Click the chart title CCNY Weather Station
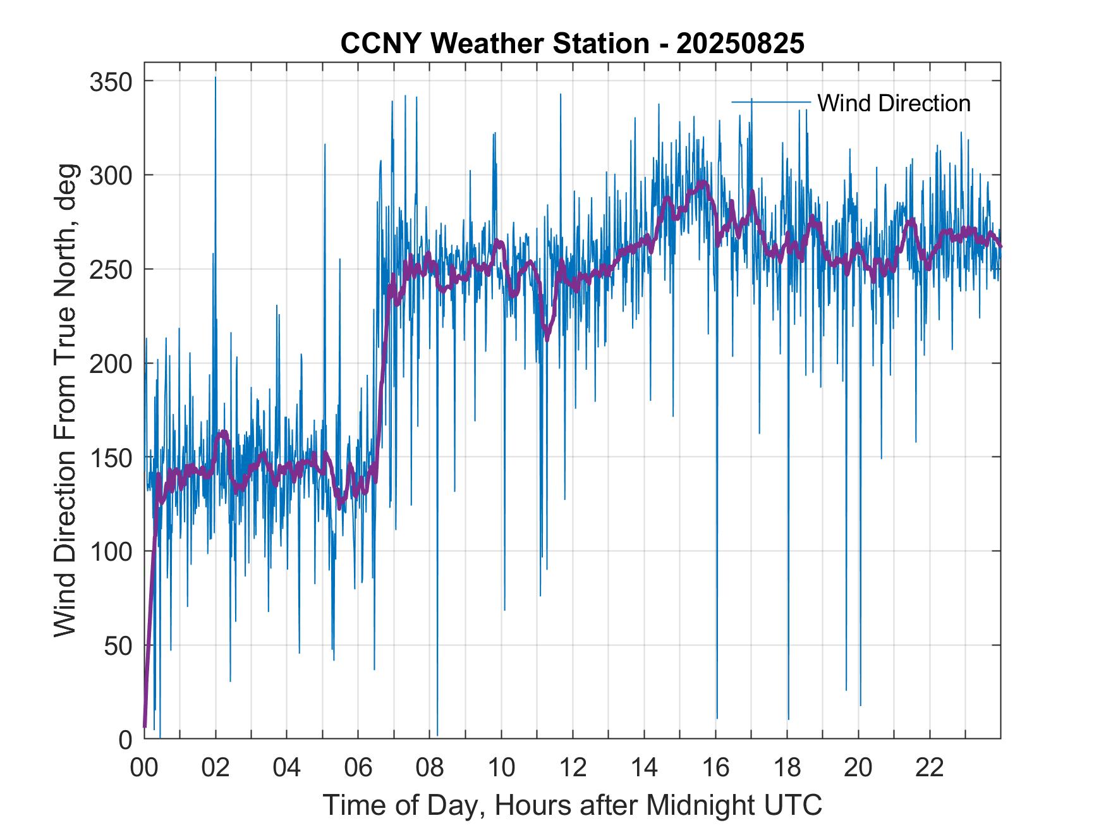[495, 44]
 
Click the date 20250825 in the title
[740, 44]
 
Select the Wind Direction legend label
[894, 103]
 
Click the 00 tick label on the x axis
[144, 768]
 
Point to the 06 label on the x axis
[358, 768]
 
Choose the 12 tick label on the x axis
[573, 768]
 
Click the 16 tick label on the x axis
[715, 768]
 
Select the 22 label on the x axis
[930, 768]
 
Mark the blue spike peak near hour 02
[216, 78]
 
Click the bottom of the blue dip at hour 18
[788, 719]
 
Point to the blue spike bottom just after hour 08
[437, 736]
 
